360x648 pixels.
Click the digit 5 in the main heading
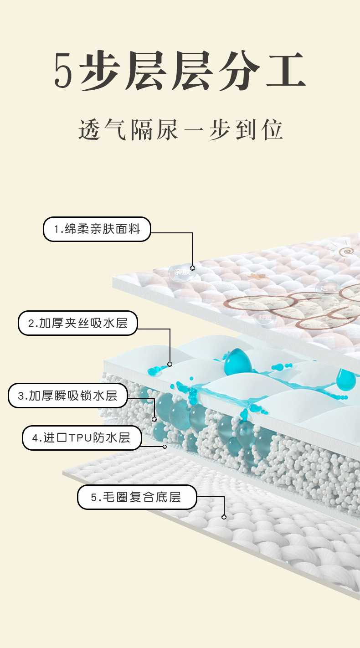point(63,71)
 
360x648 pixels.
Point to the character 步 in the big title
point(101,71)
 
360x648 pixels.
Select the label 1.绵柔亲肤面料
point(97,229)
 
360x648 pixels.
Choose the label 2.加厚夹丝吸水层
point(77,323)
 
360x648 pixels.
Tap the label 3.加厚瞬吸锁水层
point(67,396)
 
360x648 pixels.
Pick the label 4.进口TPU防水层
point(82,438)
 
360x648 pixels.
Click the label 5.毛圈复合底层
point(137,497)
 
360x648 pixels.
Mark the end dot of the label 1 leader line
point(192,268)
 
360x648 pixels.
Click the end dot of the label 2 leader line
point(170,364)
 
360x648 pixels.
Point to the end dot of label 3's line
point(154,419)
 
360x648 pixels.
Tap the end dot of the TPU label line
point(165,447)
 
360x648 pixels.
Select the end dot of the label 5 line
point(224,517)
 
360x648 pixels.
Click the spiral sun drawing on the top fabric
point(347,251)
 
